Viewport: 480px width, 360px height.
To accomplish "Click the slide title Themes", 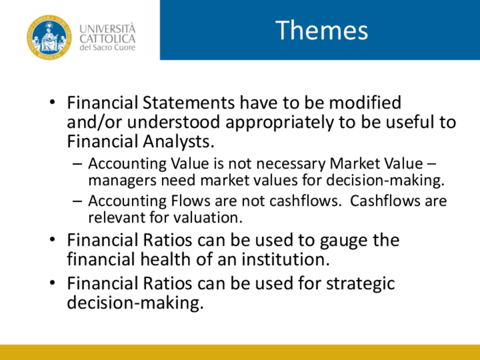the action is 322,30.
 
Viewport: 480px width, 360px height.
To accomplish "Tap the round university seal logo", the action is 49,37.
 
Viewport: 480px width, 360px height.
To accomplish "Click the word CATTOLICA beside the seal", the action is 108,39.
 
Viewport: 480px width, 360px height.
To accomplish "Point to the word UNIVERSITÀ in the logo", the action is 108,28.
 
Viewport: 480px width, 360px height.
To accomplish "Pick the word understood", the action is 173,122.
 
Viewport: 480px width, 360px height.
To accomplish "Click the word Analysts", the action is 178,142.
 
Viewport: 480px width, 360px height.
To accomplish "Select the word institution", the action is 286,259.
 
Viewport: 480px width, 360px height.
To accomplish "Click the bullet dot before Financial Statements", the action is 52,102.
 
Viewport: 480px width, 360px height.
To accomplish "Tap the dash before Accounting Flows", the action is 78,202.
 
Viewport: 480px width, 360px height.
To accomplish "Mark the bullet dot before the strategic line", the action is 52,282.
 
